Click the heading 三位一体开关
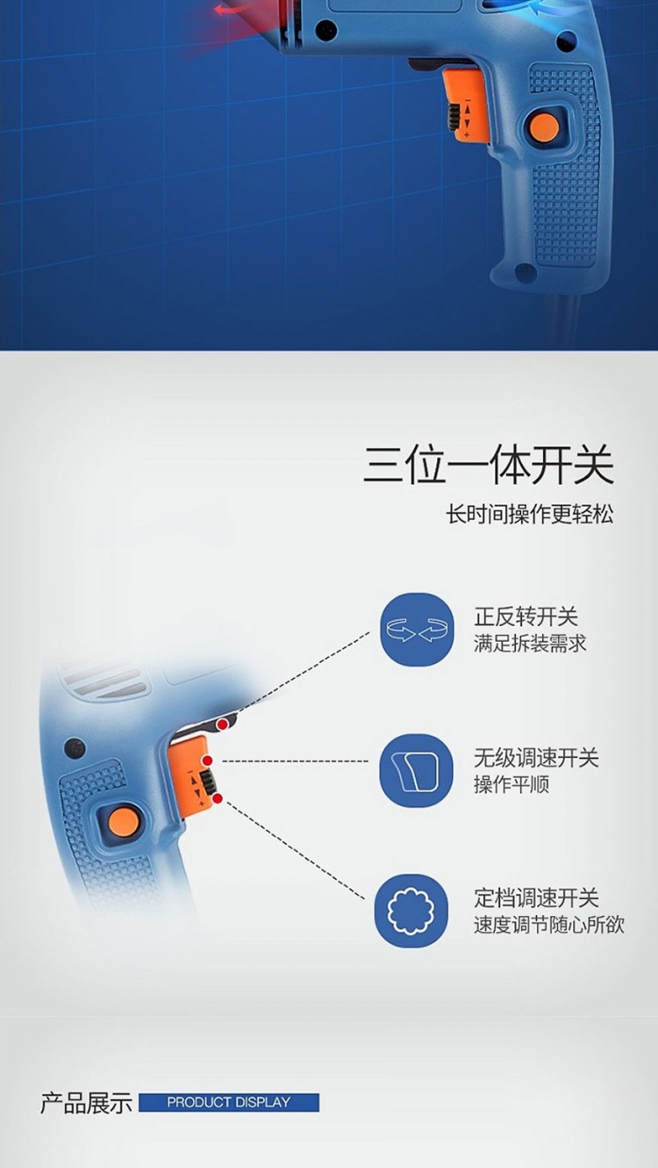(488, 464)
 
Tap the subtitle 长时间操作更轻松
(530, 515)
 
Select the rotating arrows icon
(417, 629)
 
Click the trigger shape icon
(416, 771)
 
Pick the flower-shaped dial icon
(411, 911)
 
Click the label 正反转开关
(526, 616)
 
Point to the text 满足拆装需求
(530, 644)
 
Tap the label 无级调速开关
(536, 758)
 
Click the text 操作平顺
(511, 784)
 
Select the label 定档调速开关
(536, 898)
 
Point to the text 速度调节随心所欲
(548, 925)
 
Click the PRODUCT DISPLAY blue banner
(229, 1102)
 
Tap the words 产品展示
(86, 1103)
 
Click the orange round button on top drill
(545, 126)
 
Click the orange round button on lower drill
(124, 822)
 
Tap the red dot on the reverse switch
(223, 725)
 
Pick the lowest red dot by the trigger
(218, 798)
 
